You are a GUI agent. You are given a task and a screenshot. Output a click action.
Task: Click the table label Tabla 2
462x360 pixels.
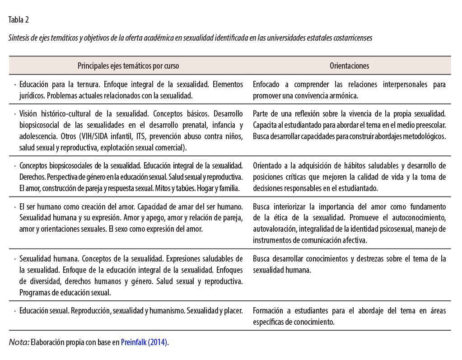click(x=19, y=20)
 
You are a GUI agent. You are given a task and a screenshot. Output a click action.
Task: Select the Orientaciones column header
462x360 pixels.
click(x=349, y=65)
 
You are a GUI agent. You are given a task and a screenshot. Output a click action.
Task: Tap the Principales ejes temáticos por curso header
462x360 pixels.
click(x=128, y=65)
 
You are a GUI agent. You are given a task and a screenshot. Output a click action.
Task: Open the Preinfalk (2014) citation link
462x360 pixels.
click(x=145, y=342)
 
